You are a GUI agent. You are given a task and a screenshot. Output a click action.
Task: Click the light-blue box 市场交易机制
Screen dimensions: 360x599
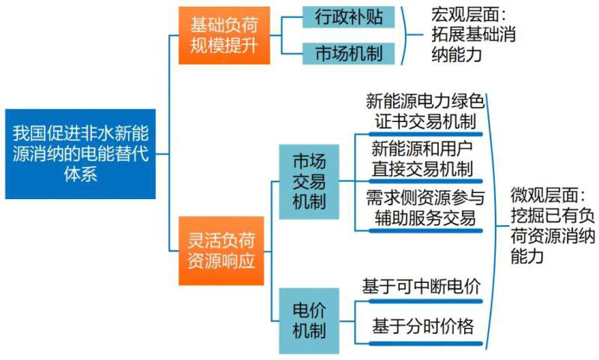[x=308, y=180]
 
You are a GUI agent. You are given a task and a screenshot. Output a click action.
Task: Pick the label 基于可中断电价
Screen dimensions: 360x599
[x=421, y=285]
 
